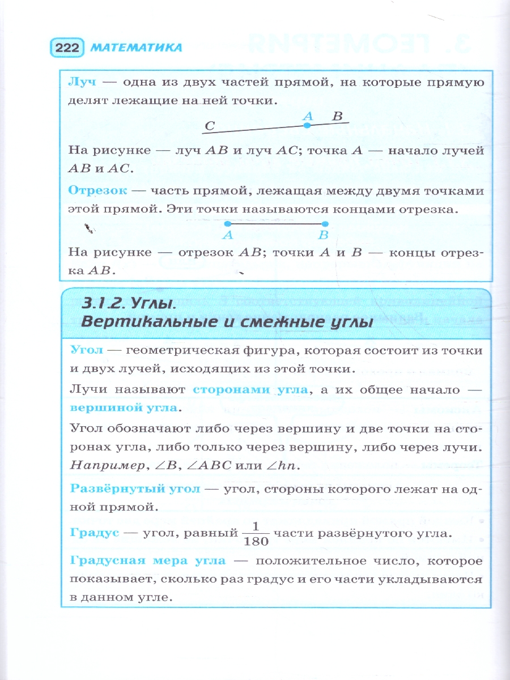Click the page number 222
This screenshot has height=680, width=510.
[67, 48]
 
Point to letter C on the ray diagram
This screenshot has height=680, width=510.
[209, 126]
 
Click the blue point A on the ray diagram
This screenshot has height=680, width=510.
[307, 125]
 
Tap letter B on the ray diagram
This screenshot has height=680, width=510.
[338, 116]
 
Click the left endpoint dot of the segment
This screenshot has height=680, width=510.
[228, 224]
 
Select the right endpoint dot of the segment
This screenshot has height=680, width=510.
[324, 224]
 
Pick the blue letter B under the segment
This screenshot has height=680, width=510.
[324, 235]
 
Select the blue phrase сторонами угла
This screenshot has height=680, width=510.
[250, 390]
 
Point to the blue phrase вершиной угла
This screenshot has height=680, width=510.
[124, 408]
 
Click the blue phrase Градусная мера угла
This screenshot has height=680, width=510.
[147, 562]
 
